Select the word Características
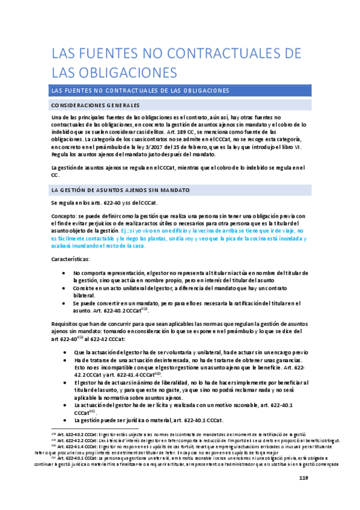pos(70,258)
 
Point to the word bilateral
pos(85,294)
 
